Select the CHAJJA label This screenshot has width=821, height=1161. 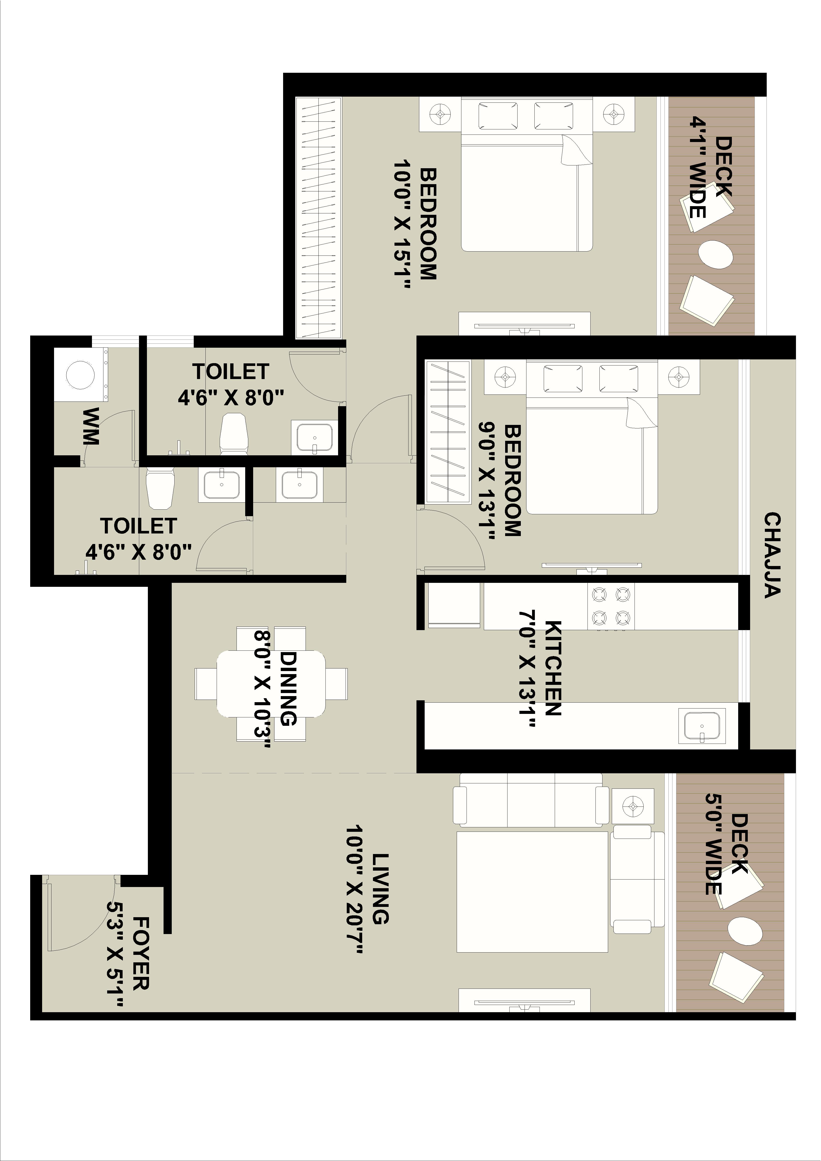tap(772, 555)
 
